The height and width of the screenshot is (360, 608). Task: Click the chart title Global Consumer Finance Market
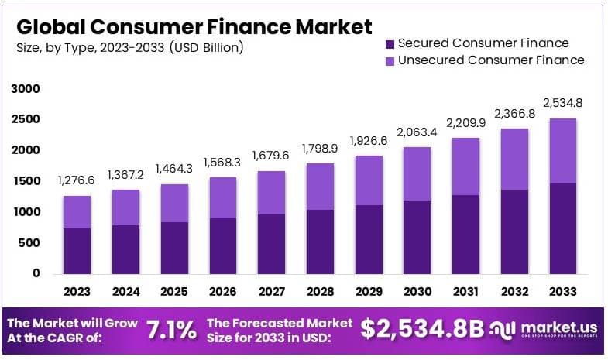pyautogui.click(x=194, y=27)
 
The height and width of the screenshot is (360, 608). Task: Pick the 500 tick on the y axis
pyautogui.click(x=29, y=242)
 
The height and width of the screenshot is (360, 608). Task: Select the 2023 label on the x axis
pyautogui.click(x=77, y=292)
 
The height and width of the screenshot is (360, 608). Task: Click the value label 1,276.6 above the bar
pyautogui.click(x=77, y=180)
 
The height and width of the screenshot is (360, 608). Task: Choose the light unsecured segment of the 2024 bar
pyautogui.click(x=125, y=207)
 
